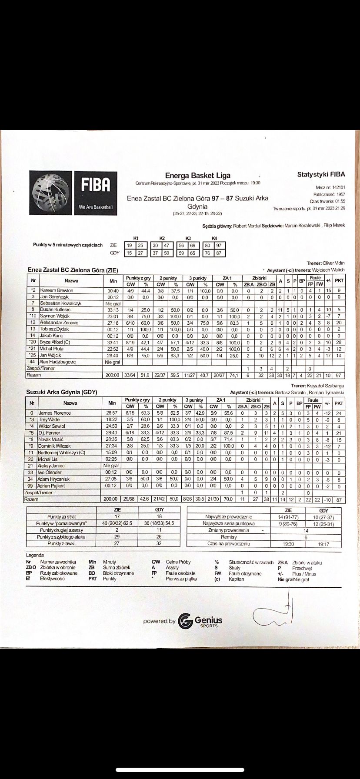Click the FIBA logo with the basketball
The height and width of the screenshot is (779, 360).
tap(73, 193)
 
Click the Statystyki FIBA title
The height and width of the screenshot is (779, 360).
tap(321, 174)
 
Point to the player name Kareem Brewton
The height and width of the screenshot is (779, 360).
tap(57, 290)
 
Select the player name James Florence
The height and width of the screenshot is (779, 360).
tap(54, 413)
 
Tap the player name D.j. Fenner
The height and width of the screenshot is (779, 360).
tap(49, 433)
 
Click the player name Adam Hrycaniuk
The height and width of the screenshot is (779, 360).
tap(55, 479)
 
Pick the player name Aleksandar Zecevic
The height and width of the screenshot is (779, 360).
tap(59, 323)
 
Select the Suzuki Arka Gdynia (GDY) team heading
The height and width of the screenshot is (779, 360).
tap(61, 392)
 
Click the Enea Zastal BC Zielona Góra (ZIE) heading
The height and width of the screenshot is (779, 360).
tap(73, 270)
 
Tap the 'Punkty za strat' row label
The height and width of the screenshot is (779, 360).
tap(62, 517)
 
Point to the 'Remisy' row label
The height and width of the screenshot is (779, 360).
tap(229, 537)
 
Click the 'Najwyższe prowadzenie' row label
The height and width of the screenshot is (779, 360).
tap(229, 517)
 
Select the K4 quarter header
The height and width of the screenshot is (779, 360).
tap(213, 238)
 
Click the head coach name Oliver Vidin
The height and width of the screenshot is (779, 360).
tap(333, 263)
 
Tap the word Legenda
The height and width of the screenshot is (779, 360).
tap(35, 555)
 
